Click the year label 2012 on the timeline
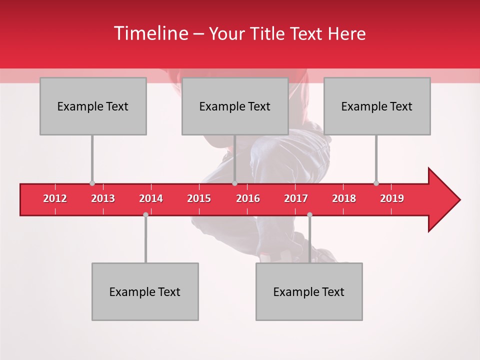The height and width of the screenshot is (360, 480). click(55, 198)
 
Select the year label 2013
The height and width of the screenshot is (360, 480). click(103, 198)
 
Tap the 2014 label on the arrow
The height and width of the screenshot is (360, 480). click(151, 198)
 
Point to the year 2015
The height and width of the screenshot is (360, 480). click(199, 198)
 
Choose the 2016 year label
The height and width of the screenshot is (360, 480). click(248, 198)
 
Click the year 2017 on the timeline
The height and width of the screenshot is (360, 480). click(296, 198)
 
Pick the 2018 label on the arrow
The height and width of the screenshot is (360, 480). click(344, 198)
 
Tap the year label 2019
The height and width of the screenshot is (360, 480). click(392, 198)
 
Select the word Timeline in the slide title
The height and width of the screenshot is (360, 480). click(150, 33)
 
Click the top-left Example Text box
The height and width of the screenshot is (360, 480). click(93, 106)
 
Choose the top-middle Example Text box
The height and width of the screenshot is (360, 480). click(235, 106)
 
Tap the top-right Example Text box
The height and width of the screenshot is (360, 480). click(377, 106)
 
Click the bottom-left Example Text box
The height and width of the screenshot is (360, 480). click(145, 291)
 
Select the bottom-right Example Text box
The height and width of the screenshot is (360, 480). click(309, 291)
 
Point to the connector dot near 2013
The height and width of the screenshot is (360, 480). click(92, 183)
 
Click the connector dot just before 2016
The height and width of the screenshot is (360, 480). click(234, 183)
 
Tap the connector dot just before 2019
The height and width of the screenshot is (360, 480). click(376, 183)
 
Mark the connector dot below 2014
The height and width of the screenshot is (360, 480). click(145, 214)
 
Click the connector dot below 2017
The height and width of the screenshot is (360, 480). click(309, 214)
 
